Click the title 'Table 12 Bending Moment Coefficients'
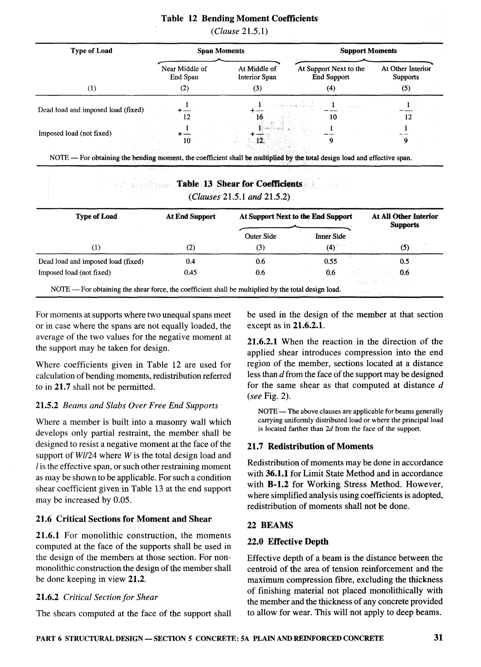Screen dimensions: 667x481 (239, 19)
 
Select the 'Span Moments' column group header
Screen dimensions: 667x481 (221, 51)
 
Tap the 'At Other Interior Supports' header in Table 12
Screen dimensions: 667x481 (406, 73)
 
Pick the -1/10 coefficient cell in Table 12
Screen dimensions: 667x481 (332, 111)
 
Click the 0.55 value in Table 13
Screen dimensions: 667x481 (330, 261)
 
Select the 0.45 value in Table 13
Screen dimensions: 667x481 (190, 273)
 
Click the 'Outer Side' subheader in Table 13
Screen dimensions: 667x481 (260, 236)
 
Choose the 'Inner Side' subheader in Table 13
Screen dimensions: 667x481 (330, 236)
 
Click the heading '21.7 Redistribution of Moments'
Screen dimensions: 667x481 (310, 446)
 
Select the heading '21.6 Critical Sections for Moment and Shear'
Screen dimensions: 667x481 (124, 519)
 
